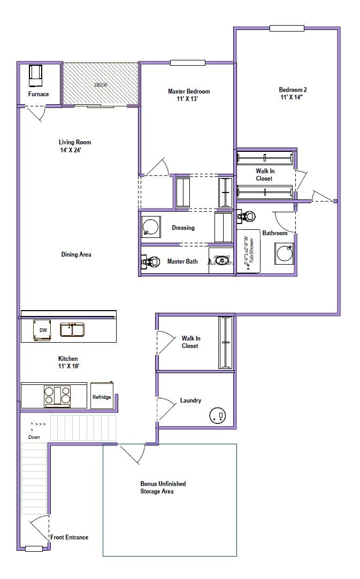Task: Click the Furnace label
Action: pos(39,94)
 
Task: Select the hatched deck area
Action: pos(100,84)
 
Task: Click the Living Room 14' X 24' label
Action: pos(75,146)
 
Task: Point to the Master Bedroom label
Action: pos(188,91)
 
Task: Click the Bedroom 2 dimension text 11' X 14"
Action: pos(293,97)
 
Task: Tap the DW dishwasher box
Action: pos(42,330)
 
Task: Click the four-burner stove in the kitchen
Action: pos(57,395)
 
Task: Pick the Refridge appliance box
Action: pos(102,396)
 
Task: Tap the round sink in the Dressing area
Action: pos(150,227)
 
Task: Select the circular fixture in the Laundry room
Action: pos(218,416)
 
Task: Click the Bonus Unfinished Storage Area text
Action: pos(163,487)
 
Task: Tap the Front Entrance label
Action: pos(69,537)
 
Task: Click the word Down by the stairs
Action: pos(34,437)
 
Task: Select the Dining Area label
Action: pos(76,254)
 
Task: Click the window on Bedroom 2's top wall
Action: pos(286,28)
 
